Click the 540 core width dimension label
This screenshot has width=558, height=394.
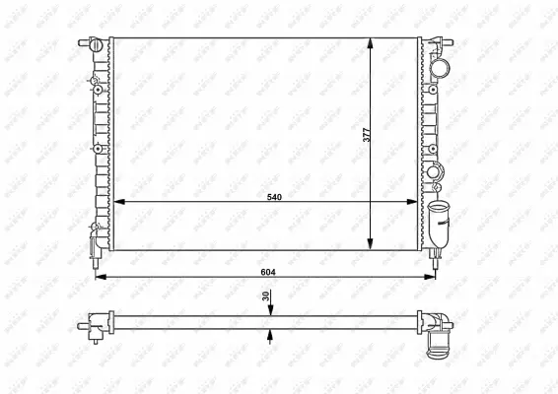coord(275,197)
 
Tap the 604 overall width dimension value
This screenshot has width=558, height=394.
coord(267,269)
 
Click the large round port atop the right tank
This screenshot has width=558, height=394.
coord(440,67)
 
